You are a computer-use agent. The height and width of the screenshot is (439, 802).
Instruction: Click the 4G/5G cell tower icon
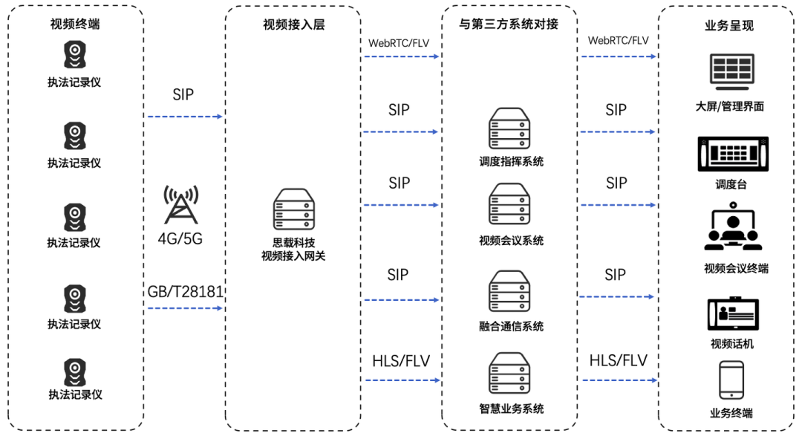point(181,205)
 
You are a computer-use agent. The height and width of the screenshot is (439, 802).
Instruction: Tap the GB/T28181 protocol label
point(186,291)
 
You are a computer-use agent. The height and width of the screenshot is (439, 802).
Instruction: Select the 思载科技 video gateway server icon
point(293,209)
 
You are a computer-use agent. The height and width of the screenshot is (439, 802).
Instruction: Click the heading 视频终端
point(74,24)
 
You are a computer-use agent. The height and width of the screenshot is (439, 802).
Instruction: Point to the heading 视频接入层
point(293,25)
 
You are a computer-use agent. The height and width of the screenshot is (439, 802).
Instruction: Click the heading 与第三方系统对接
point(509,25)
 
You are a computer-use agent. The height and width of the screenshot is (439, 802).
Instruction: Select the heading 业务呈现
point(728,25)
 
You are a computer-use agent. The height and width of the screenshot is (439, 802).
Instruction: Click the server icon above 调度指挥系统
point(510,129)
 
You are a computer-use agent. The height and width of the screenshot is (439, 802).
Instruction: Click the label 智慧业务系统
point(511,409)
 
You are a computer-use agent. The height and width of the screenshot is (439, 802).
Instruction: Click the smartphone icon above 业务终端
point(731,380)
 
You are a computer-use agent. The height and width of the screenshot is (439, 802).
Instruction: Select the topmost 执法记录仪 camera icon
point(74,53)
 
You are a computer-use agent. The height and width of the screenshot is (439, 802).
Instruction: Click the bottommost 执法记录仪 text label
point(74,394)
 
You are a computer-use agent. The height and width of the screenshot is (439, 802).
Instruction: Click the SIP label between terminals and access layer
point(183,95)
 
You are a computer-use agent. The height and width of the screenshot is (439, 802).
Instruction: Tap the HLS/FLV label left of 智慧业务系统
point(401,361)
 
